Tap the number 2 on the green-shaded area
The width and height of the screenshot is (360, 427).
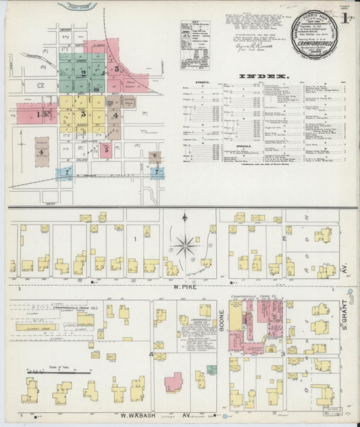[82, 72]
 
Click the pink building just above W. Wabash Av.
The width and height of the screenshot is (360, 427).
[174, 382]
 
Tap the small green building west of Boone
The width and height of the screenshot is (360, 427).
[212, 369]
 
